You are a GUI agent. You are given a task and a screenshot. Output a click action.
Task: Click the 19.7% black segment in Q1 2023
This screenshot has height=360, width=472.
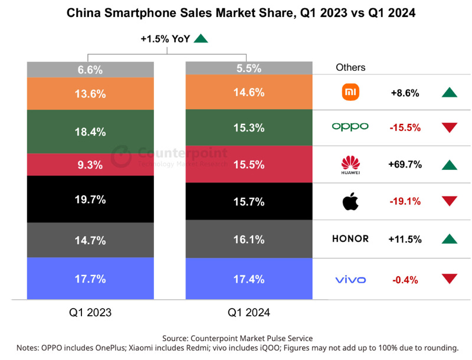coord(91,199)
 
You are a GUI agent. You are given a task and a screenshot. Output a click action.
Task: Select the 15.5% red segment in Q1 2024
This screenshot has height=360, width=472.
coord(249,165)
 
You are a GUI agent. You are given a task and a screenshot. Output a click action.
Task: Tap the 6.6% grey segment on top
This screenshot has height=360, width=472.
coord(91,70)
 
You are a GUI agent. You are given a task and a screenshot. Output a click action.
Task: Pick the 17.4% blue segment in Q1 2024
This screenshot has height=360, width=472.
coord(249,279)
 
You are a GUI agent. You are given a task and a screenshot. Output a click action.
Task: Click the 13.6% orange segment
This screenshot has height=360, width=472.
coord(91,93)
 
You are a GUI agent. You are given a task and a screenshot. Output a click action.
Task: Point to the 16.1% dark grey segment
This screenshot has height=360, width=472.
coord(249,240)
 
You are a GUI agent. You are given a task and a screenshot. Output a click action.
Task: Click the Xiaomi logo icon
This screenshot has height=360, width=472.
coord(350,92)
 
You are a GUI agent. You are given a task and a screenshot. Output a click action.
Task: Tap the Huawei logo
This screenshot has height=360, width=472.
coord(350,165)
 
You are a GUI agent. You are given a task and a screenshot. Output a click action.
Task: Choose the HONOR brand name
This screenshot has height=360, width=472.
coord(350,239)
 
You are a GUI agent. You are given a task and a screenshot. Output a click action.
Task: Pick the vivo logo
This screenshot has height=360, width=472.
coord(350,279)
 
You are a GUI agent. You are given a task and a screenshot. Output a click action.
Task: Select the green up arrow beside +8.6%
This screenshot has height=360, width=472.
coord(450,93)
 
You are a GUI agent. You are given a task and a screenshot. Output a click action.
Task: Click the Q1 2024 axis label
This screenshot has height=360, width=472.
coord(248,312)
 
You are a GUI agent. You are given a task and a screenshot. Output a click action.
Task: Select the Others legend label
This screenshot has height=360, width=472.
coord(350,67)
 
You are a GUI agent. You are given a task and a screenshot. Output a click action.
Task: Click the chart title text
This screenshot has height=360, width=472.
coord(236,13)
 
